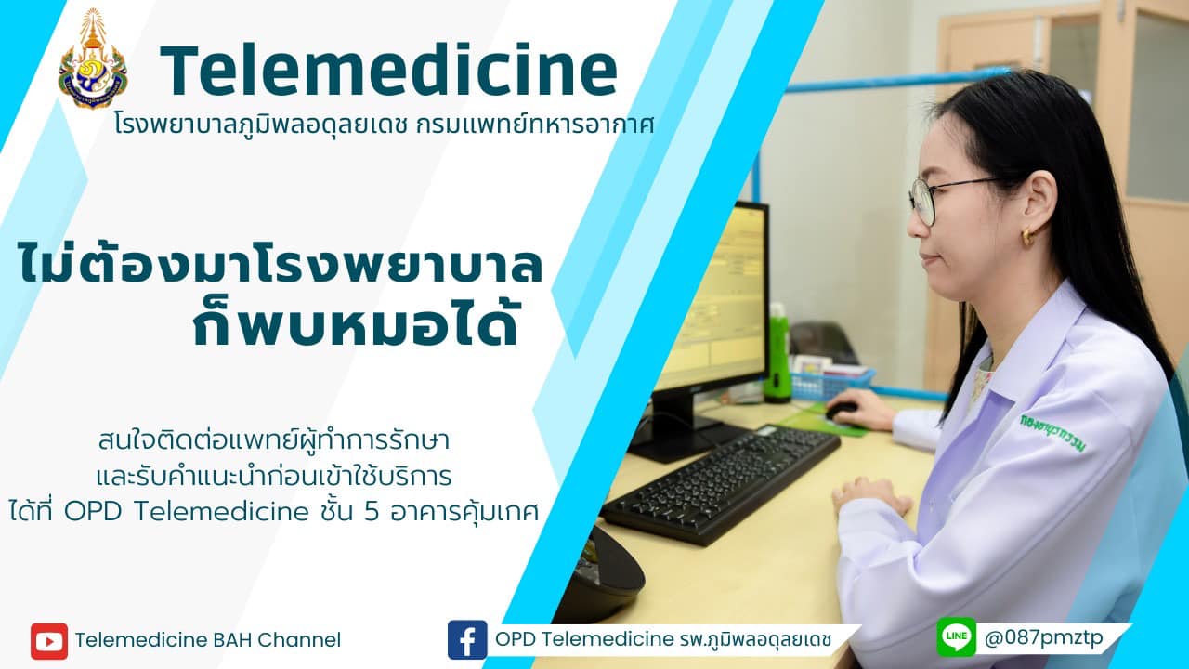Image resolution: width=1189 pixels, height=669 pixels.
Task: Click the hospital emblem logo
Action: (x=93, y=59)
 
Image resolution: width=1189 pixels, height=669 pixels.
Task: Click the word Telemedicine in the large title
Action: (x=388, y=71)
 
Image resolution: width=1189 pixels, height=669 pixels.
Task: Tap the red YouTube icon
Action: (x=49, y=641)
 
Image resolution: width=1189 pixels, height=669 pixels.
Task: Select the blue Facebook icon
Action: (x=467, y=640)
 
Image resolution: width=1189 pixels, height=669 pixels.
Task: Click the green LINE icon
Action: (x=957, y=636)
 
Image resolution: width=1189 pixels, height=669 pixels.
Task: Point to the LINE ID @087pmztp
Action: (x=1043, y=637)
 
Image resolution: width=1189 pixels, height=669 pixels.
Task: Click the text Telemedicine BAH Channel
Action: (x=207, y=640)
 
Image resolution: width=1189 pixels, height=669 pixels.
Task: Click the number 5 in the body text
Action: (x=372, y=512)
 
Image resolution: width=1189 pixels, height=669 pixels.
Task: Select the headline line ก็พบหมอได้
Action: (x=355, y=321)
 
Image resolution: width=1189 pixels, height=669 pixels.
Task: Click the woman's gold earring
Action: (x=1028, y=237)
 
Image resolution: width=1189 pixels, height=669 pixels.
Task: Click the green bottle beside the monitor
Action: (x=777, y=353)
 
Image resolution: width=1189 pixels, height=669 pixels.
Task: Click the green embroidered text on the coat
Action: (x=1053, y=433)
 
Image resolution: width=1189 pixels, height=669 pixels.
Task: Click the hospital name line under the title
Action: (x=385, y=125)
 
